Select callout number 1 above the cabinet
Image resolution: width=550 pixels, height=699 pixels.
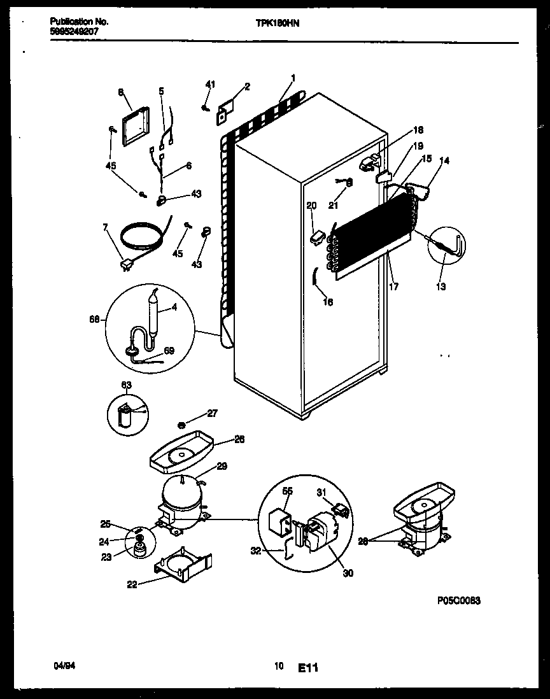tap(292, 79)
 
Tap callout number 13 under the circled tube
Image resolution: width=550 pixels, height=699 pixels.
tap(441, 286)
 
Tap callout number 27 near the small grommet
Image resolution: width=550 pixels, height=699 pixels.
tap(212, 413)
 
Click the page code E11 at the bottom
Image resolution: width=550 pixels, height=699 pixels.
tap(307, 668)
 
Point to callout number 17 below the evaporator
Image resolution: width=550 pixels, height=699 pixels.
tap(393, 287)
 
